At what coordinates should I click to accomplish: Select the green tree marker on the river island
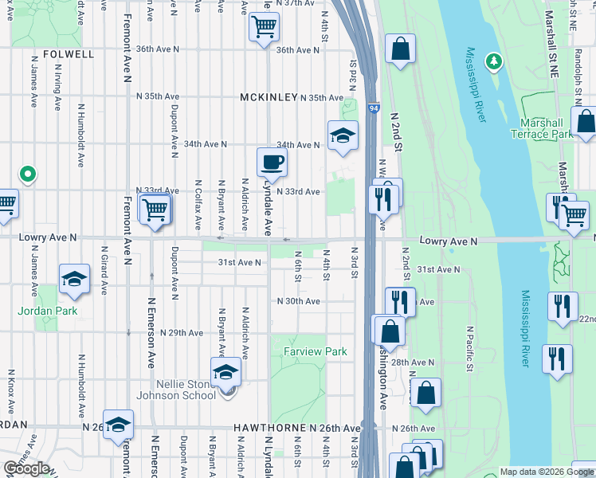[494, 61]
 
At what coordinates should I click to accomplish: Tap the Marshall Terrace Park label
[546, 129]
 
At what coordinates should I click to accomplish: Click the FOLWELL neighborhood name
[69, 54]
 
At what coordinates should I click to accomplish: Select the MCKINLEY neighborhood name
[269, 97]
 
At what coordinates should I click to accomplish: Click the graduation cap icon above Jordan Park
[75, 279]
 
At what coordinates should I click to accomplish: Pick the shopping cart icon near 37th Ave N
[264, 27]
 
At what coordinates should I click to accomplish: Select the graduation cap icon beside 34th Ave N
[343, 135]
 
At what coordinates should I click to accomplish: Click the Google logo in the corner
[26, 468]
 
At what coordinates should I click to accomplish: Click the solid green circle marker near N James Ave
[27, 173]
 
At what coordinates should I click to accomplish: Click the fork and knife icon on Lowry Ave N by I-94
[384, 198]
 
